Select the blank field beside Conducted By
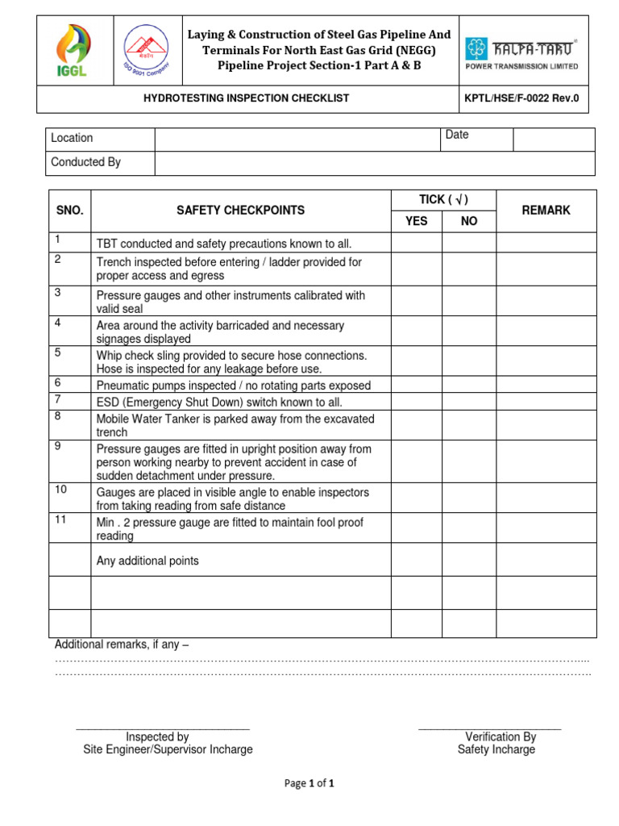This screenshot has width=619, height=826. coord(374,163)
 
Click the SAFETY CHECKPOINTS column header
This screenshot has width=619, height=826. coord(240,211)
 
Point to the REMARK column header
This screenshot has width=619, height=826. coord(546,211)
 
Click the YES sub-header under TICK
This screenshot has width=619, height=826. coord(416,221)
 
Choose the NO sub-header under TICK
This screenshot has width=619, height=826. coord(468,221)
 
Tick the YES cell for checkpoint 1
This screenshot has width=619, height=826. coord(416,243)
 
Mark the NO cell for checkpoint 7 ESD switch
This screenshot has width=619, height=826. coord(468,401)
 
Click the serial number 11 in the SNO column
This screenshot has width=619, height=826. coord(60,520)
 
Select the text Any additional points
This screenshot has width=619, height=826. coord(147,561)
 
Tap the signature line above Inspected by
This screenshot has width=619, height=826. coord(163,729)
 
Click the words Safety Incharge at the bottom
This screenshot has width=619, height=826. coord(496,749)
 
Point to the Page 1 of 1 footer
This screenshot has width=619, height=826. coord(309,783)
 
